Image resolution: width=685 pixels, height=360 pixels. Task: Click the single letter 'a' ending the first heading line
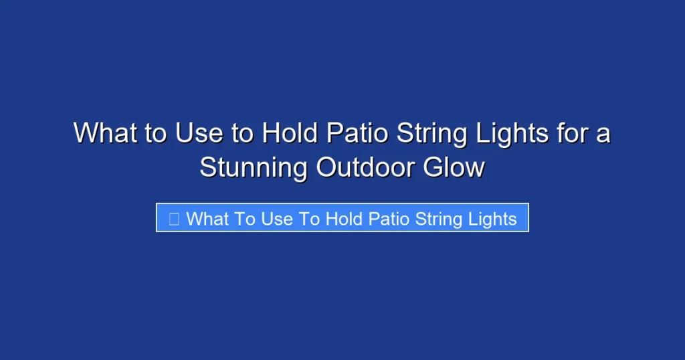pyautogui.click(x=603, y=134)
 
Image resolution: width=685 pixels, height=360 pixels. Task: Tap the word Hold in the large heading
pyautogui.click(x=290, y=133)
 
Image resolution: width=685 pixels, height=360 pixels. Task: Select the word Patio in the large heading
pyautogui.click(x=357, y=133)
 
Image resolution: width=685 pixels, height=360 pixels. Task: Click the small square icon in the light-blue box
pyautogui.click(x=174, y=219)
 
